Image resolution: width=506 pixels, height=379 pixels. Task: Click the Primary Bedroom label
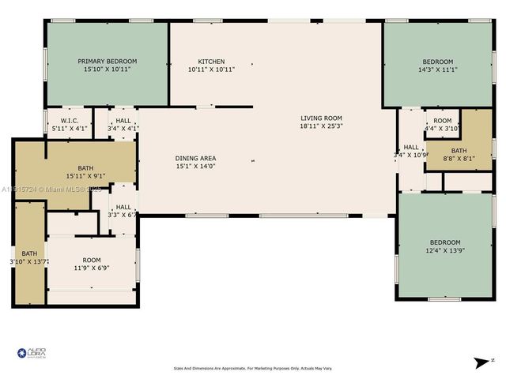(x=107, y=61)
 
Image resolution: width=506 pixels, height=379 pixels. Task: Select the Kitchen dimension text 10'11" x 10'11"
(x=211, y=69)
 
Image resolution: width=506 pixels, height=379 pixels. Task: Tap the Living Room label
(x=321, y=118)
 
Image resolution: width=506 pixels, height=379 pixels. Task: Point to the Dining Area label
(x=195, y=159)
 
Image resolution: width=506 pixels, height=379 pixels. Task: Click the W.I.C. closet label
(x=68, y=121)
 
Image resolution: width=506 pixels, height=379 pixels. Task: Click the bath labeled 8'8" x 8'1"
(x=459, y=154)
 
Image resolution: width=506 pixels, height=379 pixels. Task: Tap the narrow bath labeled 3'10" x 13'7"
(x=29, y=257)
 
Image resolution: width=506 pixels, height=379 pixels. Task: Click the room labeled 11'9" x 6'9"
(x=92, y=264)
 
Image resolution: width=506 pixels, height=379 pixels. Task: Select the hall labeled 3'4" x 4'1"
(x=123, y=124)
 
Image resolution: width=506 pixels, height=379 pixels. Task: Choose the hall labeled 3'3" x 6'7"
(x=123, y=210)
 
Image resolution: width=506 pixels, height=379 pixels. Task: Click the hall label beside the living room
(x=411, y=150)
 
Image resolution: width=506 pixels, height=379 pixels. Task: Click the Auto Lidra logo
(x=32, y=353)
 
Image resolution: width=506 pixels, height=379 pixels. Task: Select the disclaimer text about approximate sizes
(x=252, y=368)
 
